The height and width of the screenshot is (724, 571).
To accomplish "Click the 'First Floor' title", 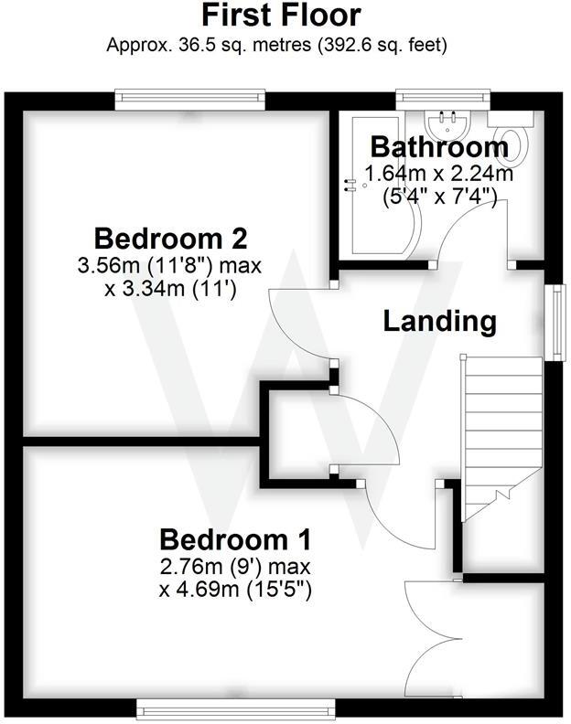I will click(x=281, y=16).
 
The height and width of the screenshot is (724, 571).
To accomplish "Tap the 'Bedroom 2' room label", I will click(x=171, y=240).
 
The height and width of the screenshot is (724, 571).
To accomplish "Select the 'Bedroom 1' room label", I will click(x=236, y=538).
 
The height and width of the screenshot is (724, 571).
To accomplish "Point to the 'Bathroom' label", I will click(x=438, y=147).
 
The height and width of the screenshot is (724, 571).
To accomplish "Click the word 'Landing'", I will click(x=439, y=321).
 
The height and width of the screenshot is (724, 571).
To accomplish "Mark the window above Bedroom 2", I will click(x=190, y=93).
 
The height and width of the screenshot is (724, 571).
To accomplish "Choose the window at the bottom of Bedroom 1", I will click(x=236, y=707).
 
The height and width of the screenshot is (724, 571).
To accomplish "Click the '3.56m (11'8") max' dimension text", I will click(x=171, y=267).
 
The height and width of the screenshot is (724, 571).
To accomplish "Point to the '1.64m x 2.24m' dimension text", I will click(x=438, y=174).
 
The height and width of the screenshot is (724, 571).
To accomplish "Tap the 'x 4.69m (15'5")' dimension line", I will click(x=236, y=590).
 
